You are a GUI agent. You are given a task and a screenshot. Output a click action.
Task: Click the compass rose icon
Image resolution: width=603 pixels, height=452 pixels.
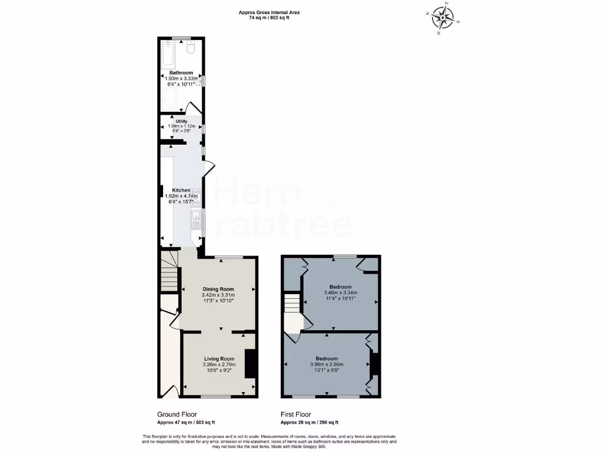point(442,18)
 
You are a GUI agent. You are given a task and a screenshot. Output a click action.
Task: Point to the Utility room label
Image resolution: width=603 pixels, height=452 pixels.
point(181,121)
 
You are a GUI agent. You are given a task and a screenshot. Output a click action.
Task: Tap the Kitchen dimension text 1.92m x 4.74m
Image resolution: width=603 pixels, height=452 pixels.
point(181,197)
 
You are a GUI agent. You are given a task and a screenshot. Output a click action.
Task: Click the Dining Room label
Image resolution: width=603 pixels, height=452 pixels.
point(218,289)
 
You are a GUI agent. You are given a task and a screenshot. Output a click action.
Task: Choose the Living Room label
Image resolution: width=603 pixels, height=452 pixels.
point(219,359)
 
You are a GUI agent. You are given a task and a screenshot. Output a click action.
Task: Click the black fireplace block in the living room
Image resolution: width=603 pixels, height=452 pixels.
point(250,364)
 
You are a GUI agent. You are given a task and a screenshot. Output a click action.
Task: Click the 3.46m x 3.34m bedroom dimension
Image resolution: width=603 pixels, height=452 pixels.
point(340,293)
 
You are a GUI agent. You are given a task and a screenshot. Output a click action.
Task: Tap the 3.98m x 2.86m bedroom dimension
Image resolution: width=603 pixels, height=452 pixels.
point(326,365)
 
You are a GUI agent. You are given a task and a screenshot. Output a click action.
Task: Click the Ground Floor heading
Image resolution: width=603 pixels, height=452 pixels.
point(177,414)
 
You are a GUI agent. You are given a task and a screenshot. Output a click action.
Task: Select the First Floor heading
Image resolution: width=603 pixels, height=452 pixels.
point(296,414)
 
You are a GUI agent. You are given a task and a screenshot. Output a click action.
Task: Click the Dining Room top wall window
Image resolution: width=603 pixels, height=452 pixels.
point(228,257)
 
